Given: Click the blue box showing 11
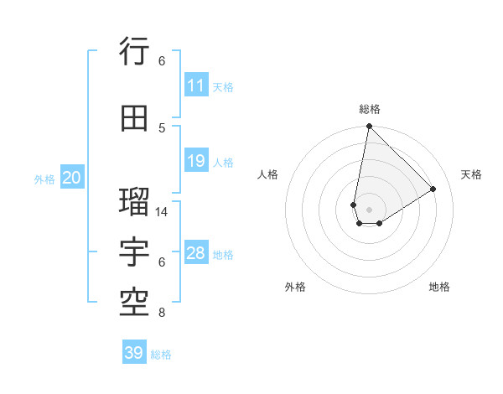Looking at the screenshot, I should (196, 86).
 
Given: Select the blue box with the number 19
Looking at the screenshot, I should (196, 161).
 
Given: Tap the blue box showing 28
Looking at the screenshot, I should (196, 253).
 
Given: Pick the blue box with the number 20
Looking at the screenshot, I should (71, 178).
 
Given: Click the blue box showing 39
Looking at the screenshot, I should (134, 353).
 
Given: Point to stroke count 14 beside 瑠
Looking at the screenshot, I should (163, 212).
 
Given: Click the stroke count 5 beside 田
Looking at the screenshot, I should (162, 127).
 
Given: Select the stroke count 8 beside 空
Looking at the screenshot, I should (162, 313).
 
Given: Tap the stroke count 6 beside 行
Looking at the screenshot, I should (162, 60).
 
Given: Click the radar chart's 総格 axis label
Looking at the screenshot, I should (370, 109).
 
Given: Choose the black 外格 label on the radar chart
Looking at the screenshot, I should (295, 287).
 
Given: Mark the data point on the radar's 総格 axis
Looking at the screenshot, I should (369, 127).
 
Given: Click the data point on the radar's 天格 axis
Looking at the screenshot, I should (433, 189).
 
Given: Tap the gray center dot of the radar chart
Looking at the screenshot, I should (369, 208).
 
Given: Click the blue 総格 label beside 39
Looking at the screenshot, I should (161, 355).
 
